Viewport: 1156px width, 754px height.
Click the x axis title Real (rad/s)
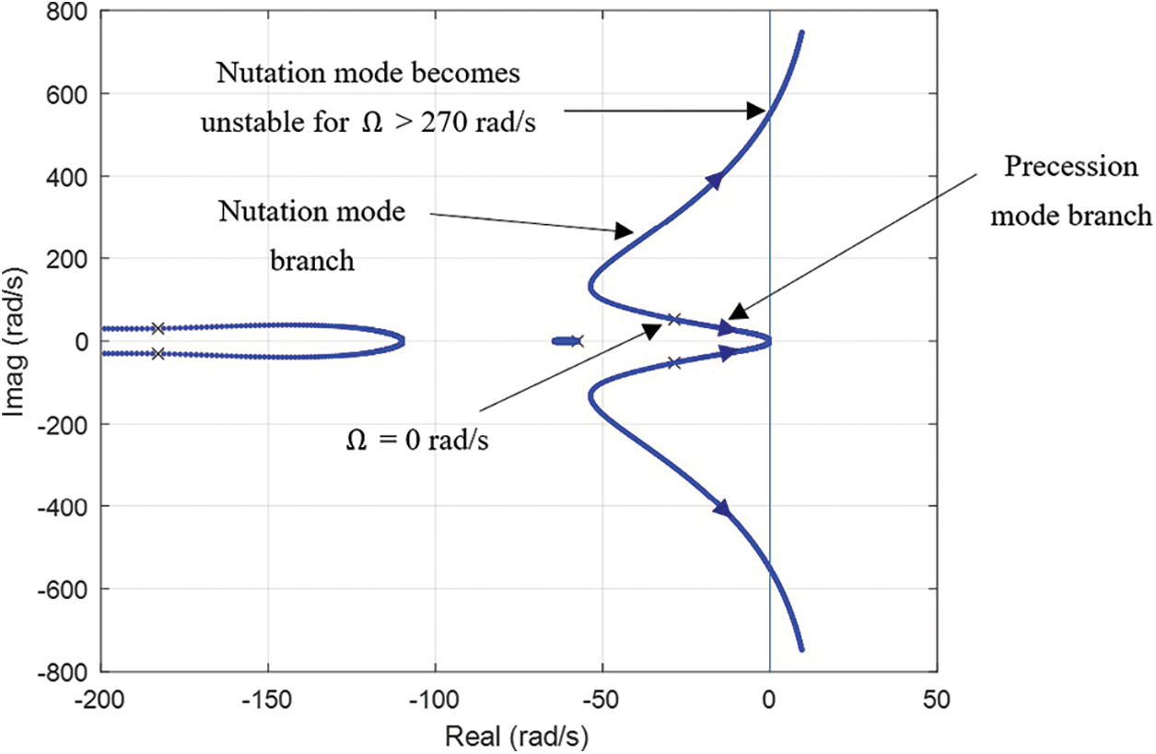517,736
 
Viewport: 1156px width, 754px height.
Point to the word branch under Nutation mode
312,261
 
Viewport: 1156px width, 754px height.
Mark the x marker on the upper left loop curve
158,328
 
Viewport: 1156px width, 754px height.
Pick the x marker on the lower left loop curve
158,354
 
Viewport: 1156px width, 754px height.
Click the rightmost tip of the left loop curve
403,341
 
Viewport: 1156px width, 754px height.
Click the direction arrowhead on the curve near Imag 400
715,182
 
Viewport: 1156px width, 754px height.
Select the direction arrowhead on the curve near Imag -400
723,508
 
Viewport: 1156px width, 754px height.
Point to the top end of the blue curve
801,33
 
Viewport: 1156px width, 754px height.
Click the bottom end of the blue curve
801,649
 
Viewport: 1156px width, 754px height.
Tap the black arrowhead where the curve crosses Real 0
757,112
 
